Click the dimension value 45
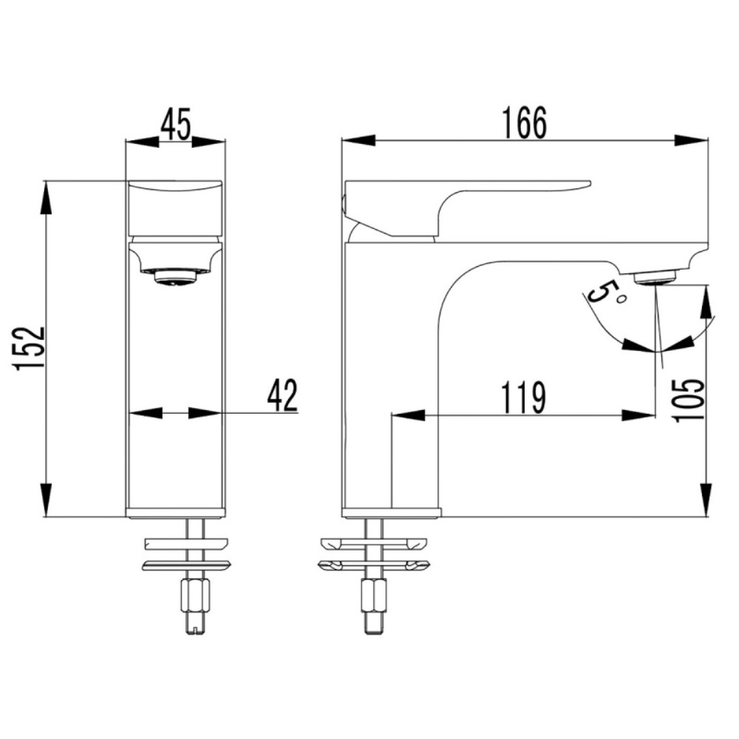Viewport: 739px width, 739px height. (x=176, y=124)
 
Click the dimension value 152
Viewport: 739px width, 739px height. (x=30, y=349)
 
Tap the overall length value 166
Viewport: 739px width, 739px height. (x=524, y=123)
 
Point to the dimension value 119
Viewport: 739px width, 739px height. (x=524, y=398)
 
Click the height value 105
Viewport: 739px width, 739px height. (x=690, y=401)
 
